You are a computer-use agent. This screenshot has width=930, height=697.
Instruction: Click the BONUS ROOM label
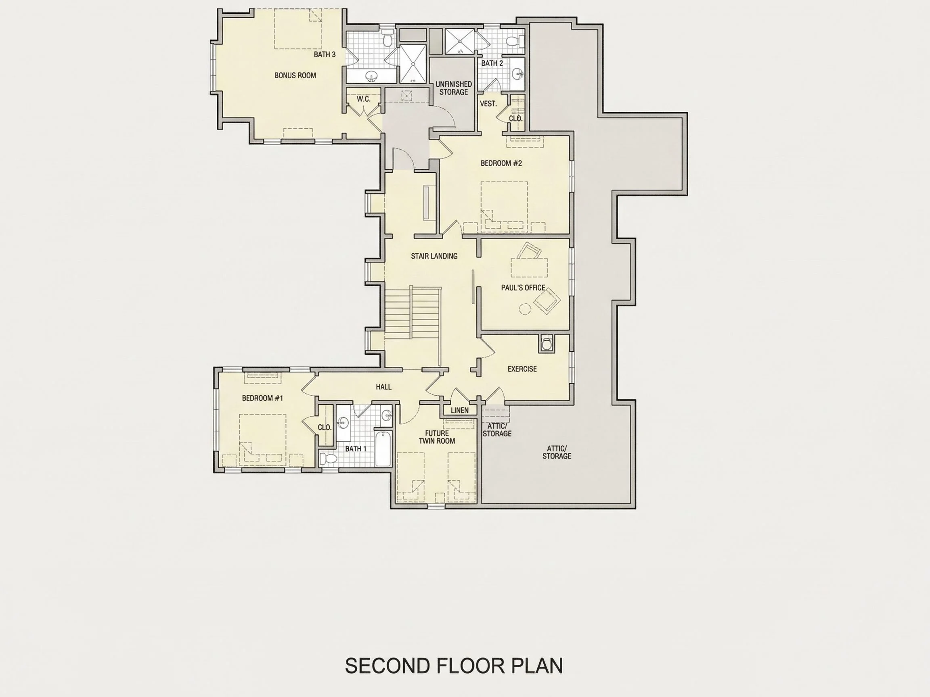coord(295,75)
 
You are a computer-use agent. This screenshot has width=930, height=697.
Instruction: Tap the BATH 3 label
coord(325,54)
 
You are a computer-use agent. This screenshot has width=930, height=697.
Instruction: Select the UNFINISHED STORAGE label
coord(454,88)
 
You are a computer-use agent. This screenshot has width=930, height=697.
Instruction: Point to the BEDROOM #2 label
coord(501,163)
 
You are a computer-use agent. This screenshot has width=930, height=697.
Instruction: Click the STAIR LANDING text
coord(434,256)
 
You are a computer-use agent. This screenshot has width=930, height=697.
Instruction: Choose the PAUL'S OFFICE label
coord(523,288)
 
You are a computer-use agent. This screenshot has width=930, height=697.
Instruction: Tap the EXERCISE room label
coord(522,369)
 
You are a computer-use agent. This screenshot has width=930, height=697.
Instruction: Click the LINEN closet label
coord(459,411)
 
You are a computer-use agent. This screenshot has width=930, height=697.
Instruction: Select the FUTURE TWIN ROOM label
coord(437,437)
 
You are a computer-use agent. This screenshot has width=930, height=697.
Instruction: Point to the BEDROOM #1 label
coord(262,398)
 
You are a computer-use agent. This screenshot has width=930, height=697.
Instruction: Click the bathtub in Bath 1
coord(383,448)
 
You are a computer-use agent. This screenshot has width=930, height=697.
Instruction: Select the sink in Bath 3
coord(371,77)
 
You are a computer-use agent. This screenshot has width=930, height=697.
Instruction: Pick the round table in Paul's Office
coord(525,309)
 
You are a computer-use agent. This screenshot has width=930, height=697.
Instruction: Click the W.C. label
coord(364,99)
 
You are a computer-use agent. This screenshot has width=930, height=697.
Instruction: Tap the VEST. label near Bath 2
coord(488,104)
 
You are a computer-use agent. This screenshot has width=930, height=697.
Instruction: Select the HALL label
coord(383,387)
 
